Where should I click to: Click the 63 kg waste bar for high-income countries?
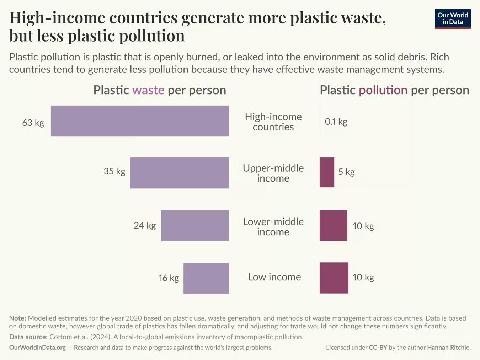139,121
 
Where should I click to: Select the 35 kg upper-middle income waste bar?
179,173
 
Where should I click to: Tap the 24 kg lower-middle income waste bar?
194,225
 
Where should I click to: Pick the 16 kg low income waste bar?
206,278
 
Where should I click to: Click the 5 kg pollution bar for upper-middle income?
327,172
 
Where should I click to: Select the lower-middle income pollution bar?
333,225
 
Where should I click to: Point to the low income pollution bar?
334,278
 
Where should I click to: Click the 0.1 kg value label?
336,122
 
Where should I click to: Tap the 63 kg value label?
33,123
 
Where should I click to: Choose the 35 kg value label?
114,171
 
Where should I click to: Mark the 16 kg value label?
169,278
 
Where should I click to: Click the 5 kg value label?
346,172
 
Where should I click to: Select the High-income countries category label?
273,122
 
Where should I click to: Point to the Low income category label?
274,277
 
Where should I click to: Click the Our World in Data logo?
453,19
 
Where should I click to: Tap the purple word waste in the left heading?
148,90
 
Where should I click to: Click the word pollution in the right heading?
383,90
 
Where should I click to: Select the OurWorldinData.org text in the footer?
37,347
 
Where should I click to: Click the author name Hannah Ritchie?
448,347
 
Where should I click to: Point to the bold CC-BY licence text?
378,347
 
